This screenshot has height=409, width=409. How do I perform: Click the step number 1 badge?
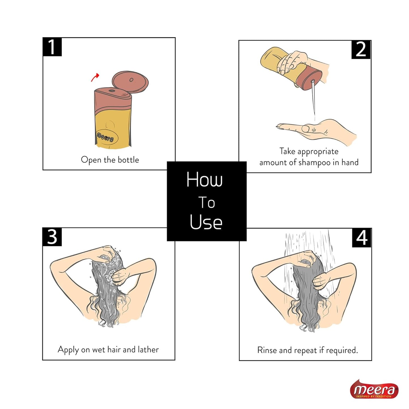click(x=52, y=47)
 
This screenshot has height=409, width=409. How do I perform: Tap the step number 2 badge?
click(x=361, y=50)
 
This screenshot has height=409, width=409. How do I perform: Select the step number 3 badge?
click(x=52, y=237)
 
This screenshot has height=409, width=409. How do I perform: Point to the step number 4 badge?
click(x=361, y=238)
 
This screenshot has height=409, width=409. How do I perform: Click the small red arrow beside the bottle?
click(x=95, y=77)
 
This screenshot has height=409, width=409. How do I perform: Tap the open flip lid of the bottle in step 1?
click(x=130, y=82)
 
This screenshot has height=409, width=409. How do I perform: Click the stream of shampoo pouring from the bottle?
click(x=313, y=100)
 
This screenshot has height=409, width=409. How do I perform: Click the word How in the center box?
click(x=204, y=179)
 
